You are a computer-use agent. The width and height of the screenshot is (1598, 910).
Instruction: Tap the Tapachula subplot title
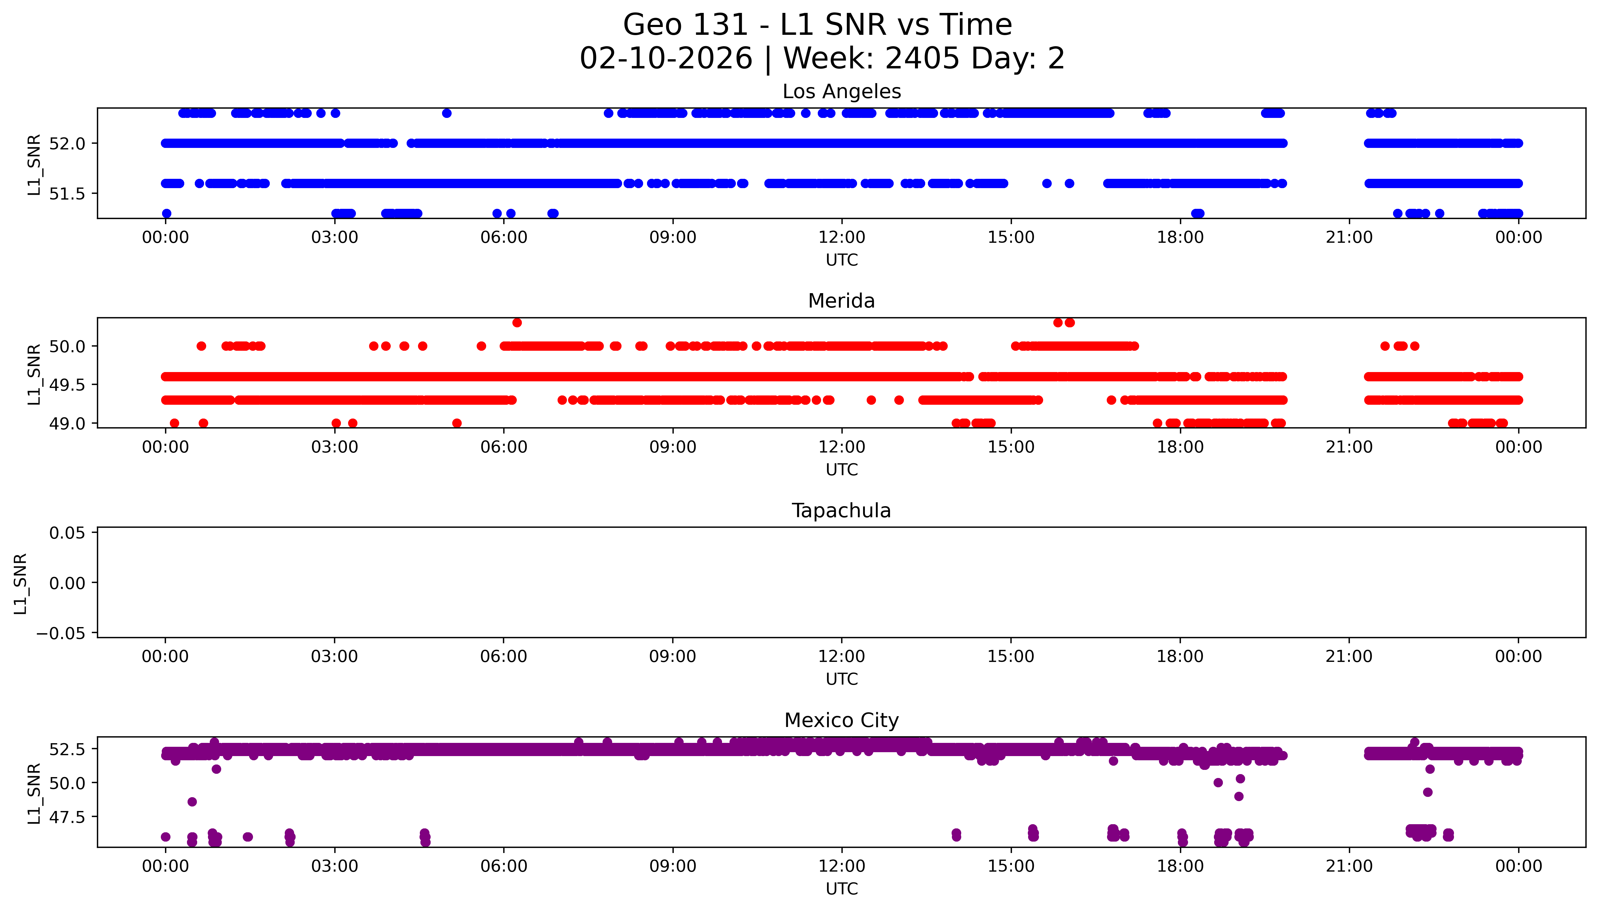coord(841,511)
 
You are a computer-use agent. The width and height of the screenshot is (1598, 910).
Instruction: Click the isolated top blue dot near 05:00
coord(446,113)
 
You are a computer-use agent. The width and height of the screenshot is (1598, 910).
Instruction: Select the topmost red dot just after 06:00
coord(517,323)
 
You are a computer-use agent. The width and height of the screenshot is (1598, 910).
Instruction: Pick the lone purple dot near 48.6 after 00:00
coord(192,801)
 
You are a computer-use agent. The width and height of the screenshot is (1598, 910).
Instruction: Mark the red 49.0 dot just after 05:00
coord(457,423)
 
